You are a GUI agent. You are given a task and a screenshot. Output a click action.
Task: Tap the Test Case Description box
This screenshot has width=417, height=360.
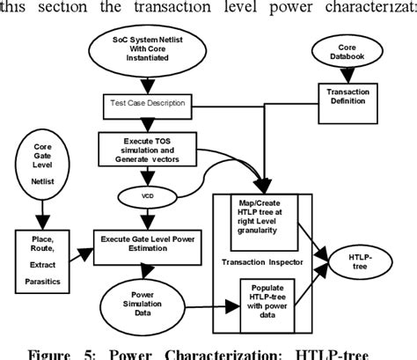click(x=147, y=104)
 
